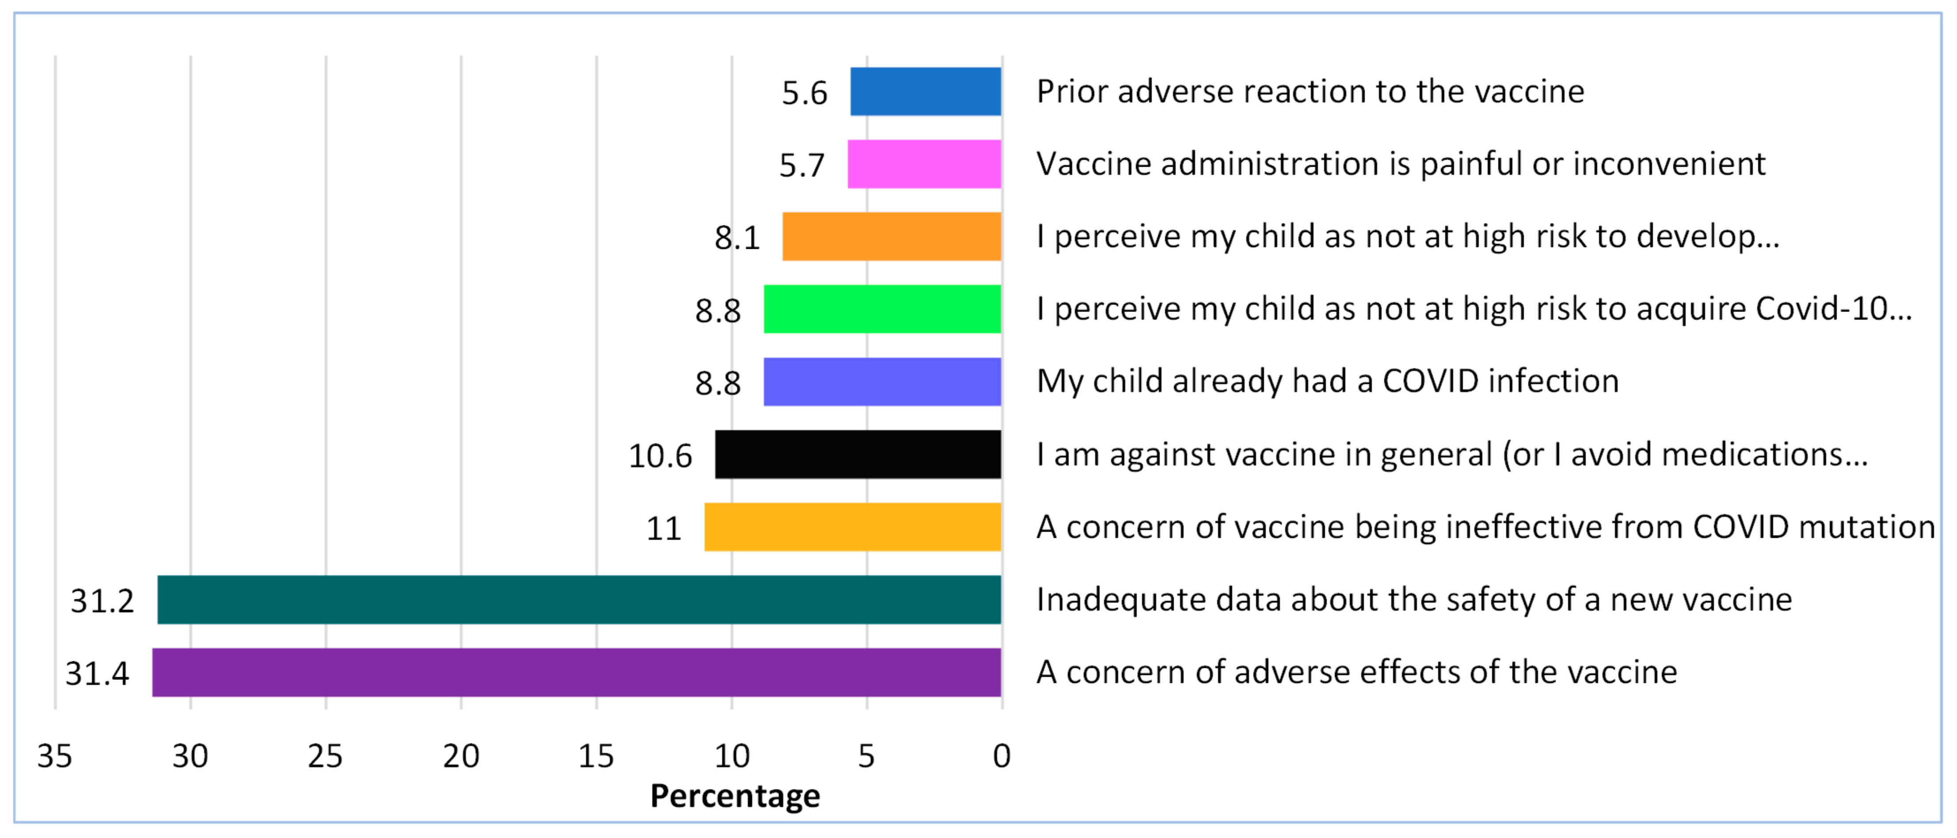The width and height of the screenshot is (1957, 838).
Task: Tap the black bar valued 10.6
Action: click(x=858, y=454)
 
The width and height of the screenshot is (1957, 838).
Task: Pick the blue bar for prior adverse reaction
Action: click(x=925, y=91)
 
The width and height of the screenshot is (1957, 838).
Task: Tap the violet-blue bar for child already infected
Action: click(x=882, y=381)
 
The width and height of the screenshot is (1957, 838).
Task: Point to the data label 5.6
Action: click(x=804, y=93)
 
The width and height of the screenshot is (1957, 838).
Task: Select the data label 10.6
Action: click(x=660, y=456)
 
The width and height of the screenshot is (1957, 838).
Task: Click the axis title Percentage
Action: click(x=735, y=796)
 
